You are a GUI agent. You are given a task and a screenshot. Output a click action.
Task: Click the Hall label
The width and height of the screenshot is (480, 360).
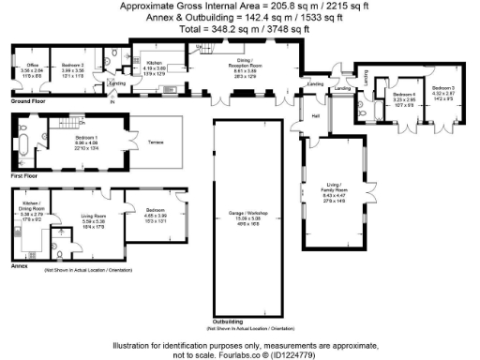[316, 115]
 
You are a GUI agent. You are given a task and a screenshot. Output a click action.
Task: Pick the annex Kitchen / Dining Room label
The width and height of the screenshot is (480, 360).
[31, 205]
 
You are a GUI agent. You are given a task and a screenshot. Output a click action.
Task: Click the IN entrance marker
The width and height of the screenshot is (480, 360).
[112, 91]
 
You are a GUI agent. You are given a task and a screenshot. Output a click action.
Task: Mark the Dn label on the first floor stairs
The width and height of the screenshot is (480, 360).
[82, 122]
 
